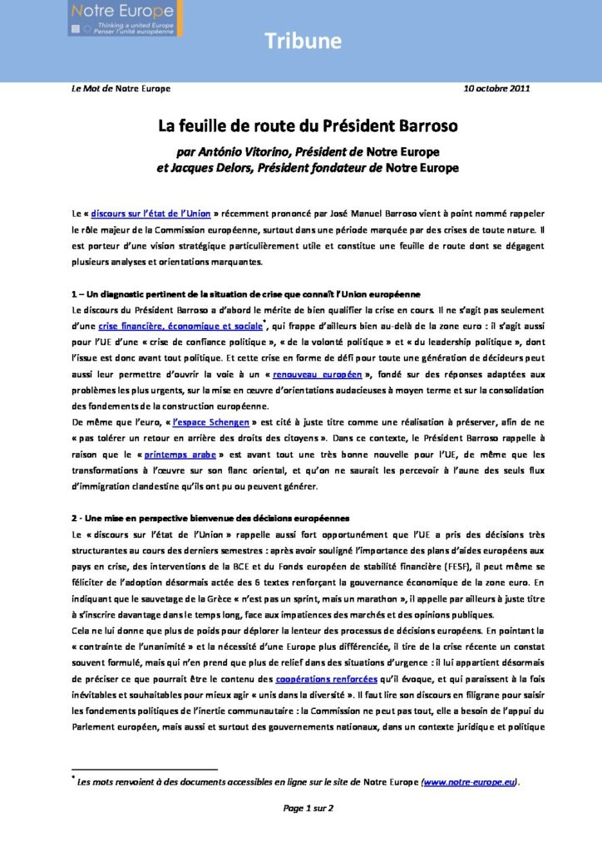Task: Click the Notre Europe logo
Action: click(125, 18)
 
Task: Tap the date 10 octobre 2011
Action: click(496, 88)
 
